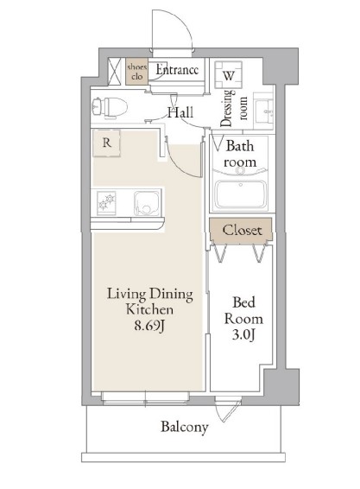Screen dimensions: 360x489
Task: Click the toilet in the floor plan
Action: click(x=110, y=108)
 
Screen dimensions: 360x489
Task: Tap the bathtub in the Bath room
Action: click(x=241, y=194)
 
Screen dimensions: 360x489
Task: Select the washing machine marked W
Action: click(x=229, y=75)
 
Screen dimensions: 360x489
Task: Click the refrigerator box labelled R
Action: click(x=106, y=143)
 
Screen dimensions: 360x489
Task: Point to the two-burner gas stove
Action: click(x=106, y=203)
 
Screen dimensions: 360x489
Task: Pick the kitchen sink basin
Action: click(x=147, y=203)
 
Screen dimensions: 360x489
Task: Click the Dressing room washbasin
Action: click(x=264, y=111)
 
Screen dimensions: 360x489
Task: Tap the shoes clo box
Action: click(x=136, y=72)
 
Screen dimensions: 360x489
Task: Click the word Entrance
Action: click(x=177, y=69)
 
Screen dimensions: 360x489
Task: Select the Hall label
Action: click(x=180, y=112)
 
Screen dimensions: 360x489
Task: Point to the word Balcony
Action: click(x=185, y=427)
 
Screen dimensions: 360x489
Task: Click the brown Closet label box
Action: click(x=241, y=229)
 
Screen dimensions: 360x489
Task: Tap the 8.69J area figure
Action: click(x=149, y=326)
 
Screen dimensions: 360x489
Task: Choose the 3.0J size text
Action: click(x=243, y=335)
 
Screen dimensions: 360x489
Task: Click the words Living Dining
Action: click(x=150, y=294)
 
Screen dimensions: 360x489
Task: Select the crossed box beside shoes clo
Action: click(x=115, y=72)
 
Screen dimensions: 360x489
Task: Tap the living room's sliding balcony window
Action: click(x=145, y=399)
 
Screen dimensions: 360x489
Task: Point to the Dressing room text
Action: click(x=234, y=108)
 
